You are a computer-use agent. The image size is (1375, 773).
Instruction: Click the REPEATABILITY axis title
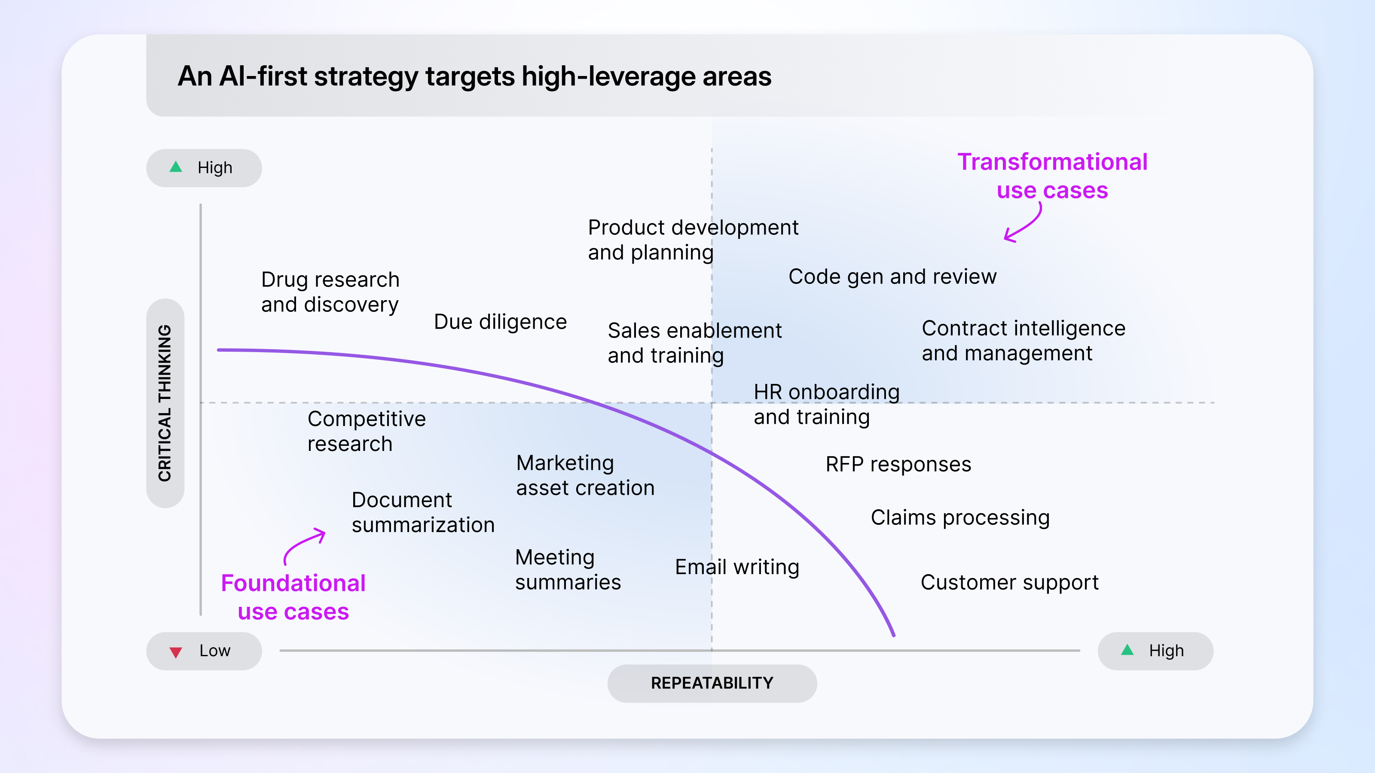(712, 683)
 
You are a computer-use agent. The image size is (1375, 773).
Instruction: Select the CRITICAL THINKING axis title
(165, 403)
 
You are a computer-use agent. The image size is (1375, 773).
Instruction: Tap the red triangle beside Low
(176, 652)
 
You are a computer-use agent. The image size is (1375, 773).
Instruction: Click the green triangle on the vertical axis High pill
(176, 167)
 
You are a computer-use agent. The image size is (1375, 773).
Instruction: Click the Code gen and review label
(892, 276)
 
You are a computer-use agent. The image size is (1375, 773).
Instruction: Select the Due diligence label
(500, 322)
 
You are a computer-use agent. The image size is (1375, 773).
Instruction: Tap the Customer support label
(1009, 582)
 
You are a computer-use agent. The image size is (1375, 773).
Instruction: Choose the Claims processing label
(960, 517)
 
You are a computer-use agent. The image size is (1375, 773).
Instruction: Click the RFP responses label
(898, 464)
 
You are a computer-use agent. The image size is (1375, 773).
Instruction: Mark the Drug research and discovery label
(330, 292)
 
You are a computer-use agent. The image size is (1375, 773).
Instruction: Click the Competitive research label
(366, 431)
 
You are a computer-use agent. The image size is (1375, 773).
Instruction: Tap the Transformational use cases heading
(1052, 176)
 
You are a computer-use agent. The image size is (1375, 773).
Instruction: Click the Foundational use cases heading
(293, 597)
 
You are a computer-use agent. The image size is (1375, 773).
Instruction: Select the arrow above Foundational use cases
(304, 544)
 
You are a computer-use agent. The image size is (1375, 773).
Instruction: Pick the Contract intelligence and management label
(1023, 341)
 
